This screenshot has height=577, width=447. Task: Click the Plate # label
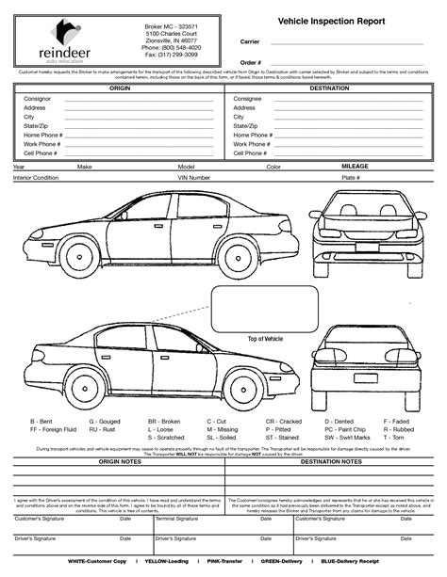351,177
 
